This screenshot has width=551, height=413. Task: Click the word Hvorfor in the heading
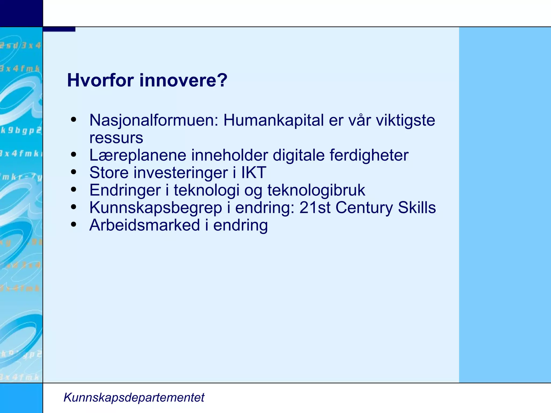click(x=100, y=80)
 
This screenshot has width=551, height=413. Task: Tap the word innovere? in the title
click(x=183, y=80)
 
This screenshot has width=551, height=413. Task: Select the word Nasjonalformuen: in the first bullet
click(x=154, y=120)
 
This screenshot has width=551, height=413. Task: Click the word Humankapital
click(x=273, y=120)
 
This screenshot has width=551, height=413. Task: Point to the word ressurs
click(x=116, y=138)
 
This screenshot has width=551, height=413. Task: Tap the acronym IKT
click(x=253, y=173)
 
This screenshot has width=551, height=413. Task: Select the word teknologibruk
click(x=316, y=190)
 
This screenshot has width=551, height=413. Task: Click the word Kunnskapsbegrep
click(x=156, y=208)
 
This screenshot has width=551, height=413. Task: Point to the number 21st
click(x=315, y=208)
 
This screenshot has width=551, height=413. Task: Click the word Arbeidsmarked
click(x=145, y=225)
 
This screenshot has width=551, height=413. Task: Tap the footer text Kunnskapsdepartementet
click(x=134, y=397)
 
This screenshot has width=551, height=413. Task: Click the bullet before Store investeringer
click(x=73, y=172)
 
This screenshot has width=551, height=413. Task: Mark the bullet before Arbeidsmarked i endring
click(x=73, y=225)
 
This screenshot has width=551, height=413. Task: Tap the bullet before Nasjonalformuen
click(x=73, y=120)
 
